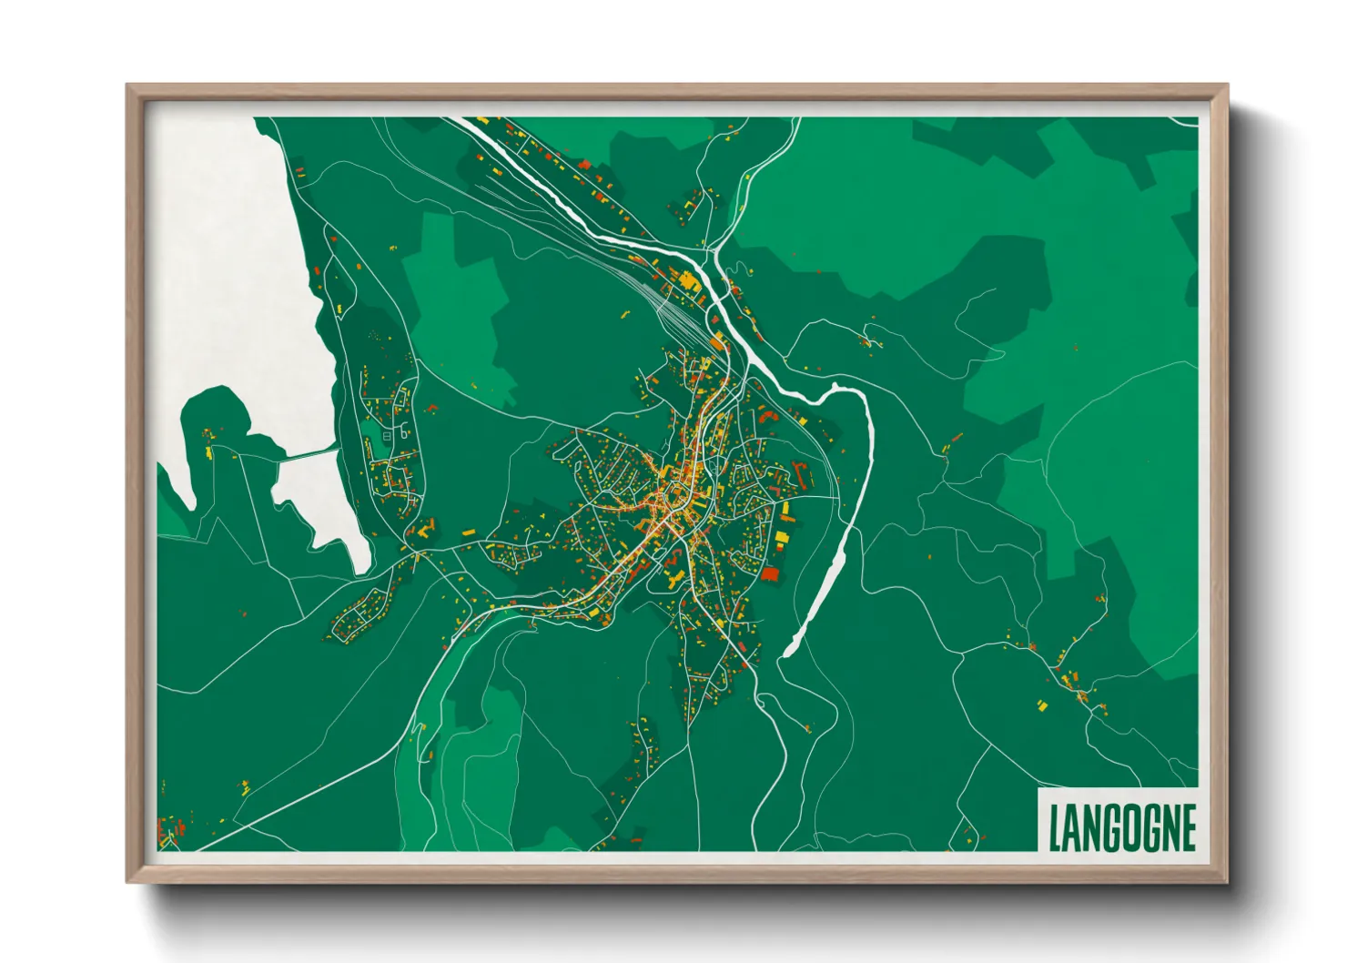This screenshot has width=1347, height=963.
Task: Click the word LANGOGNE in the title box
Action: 1121,827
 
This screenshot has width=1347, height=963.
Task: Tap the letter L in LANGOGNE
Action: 1055,827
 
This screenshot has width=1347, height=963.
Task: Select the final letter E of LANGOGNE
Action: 1187,827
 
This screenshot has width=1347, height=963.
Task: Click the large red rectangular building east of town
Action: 770,573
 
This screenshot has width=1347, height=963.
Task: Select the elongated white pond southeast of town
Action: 819,592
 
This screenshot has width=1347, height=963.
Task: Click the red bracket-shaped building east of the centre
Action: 803,473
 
